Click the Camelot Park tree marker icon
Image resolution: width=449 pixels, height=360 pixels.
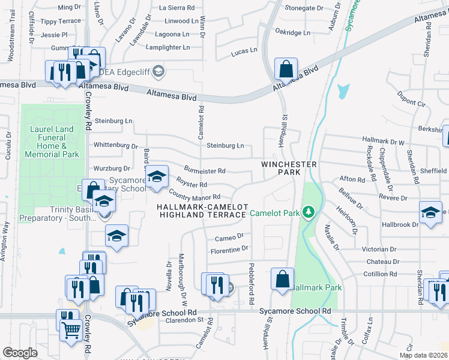click(309, 212)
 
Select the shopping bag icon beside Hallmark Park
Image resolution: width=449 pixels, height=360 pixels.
click(282, 279)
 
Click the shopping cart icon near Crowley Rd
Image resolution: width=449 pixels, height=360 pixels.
click(71, 328)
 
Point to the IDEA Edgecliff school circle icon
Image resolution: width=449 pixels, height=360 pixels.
click(158, 72)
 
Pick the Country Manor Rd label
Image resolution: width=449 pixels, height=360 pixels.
click(195, 196)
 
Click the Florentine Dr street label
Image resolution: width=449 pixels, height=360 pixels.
click(228, 248)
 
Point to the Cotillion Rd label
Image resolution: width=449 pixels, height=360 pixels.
click(380, 274)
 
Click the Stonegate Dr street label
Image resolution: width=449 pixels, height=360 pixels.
click(307, 8)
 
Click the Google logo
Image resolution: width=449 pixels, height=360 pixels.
click(20, 353)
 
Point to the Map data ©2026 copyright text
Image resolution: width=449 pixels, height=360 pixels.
click(423, 355)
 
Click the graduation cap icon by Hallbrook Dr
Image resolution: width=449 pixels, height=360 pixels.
click(430, 213)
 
